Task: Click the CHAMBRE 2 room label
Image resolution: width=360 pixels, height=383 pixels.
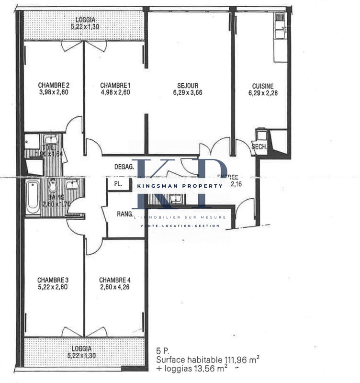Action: point(53,85)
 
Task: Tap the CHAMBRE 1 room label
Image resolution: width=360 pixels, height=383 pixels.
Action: point(115,85)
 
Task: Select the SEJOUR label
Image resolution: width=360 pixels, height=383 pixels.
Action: point(187,85)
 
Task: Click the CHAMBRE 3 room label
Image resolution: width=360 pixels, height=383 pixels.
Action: point(53,280)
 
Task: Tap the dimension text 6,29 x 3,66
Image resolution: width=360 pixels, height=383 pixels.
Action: point(187,93)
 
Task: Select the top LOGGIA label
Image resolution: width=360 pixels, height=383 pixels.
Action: point(85,20)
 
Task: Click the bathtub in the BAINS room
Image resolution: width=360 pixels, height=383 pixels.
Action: point(33,197)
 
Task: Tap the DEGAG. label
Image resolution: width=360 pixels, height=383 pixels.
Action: point(124,167)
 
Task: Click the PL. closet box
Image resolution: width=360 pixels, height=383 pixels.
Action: point(117,184)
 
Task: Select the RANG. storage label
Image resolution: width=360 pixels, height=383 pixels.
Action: point(124,214)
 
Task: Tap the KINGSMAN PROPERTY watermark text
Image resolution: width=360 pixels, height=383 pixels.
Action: point(180,186)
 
